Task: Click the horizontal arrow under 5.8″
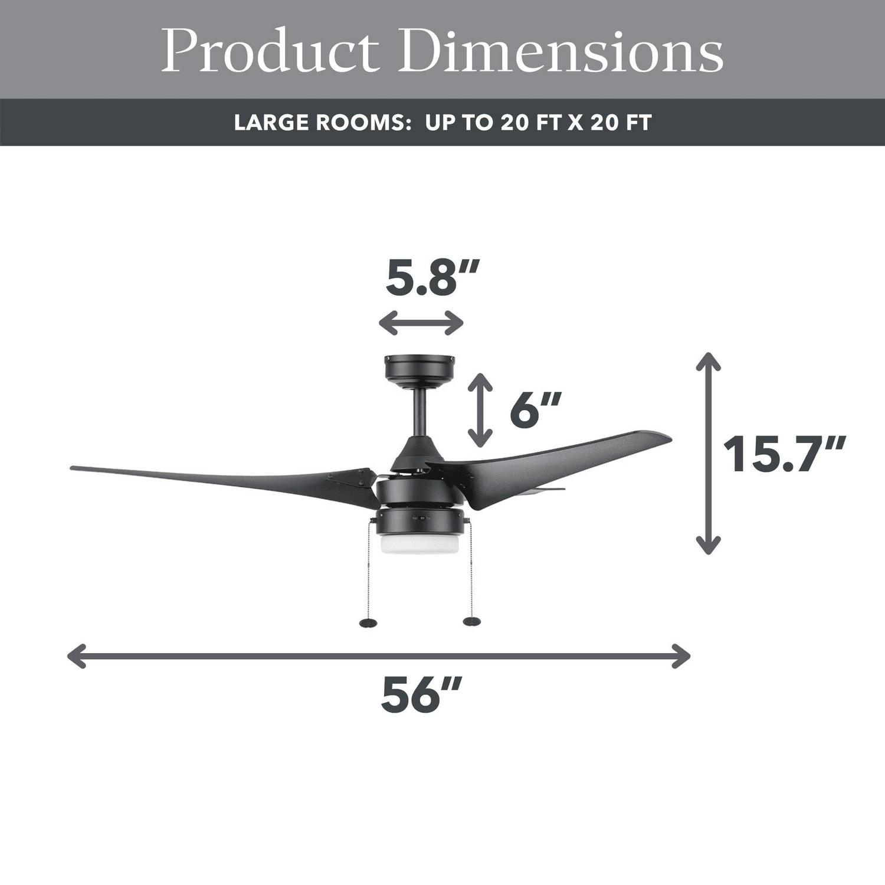coord(421,323)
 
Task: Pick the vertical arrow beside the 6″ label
coord(480,409)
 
